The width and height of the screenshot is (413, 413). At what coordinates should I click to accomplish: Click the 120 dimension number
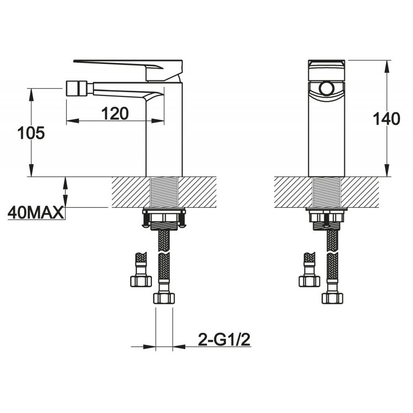pos(115,113)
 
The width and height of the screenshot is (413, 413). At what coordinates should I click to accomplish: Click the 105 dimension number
pos(31,133)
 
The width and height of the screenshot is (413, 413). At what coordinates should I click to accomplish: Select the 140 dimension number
pos(386,119)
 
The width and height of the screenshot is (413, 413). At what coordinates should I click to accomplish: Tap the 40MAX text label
pos(36,213)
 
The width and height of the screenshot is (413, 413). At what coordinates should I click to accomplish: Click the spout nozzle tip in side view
pos(72,89)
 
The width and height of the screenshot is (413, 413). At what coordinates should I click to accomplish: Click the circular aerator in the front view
pos(326,89)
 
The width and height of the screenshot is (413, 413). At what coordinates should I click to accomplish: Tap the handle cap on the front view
pos(326,70)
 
